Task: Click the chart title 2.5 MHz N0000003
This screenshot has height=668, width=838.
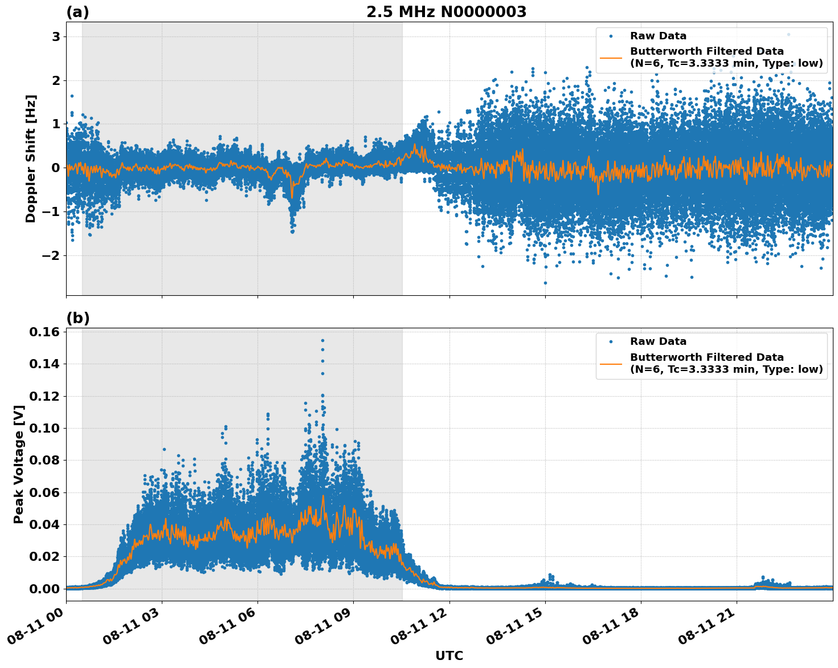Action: [446, 12]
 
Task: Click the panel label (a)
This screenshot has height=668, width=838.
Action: [77, 12]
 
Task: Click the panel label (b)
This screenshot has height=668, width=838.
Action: [77, 318]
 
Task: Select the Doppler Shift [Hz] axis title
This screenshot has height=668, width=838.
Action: [31, 158]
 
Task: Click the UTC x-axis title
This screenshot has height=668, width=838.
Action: [449, 655]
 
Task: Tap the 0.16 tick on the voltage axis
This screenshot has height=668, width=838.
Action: [46, 332]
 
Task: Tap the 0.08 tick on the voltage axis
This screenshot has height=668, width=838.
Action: [46, 460]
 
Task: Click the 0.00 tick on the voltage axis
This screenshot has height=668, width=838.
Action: [46, 588]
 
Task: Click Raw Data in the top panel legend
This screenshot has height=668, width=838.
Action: [658, 36]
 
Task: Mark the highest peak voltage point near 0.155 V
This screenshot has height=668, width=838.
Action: [322, 340]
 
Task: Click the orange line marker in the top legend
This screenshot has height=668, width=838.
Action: [611, 57]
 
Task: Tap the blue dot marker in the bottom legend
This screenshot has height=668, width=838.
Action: [611, 341]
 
